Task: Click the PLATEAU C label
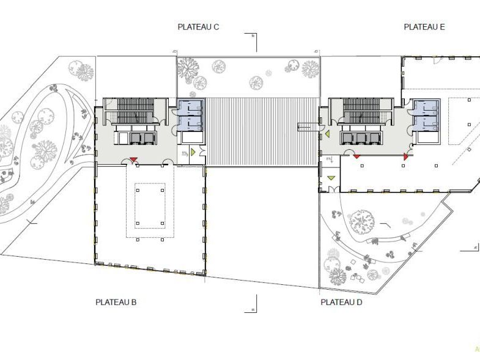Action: [x=198, y=27]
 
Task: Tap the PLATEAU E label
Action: [x=424, y=27]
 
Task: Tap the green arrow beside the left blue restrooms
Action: [x=193, y=151]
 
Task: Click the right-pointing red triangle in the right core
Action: [x=404, y=157]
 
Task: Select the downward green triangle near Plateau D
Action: [x=331, y=178]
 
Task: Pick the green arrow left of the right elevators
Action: [x=327, y=133]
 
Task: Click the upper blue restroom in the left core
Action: [x=190, y=107]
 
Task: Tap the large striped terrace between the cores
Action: [x=262, y=131]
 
